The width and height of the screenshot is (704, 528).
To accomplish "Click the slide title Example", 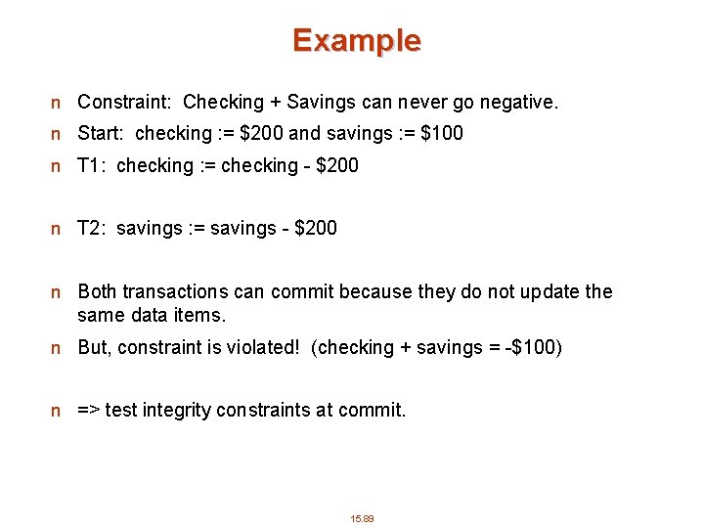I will (356, 41).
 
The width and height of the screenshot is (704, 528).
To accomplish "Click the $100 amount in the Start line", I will (442, 133).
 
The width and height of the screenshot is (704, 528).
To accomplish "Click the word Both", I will (98, 291).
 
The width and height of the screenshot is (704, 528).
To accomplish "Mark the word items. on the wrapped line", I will (201, 315).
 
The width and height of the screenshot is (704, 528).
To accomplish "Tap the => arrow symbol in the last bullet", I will (88, 411).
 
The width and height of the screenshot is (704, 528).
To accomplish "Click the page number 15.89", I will (362, 518).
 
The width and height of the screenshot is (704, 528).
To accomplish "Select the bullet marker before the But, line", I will (58, 348).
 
